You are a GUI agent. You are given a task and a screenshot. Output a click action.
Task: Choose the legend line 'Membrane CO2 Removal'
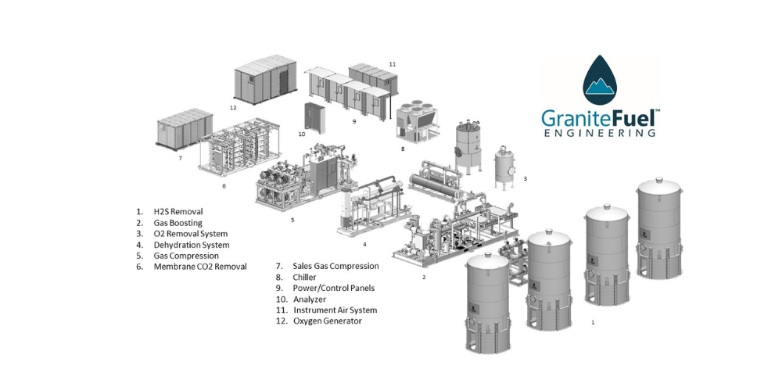point(200,267)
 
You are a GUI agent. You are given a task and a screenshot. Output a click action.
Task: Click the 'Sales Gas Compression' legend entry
point(335,267)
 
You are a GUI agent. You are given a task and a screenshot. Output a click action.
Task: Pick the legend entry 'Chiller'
point(304,278)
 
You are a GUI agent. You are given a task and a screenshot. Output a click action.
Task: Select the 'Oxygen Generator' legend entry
point(328,321)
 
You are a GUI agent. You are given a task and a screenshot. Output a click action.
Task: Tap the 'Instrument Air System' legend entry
point(335,310)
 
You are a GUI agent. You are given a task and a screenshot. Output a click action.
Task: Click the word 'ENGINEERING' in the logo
point(599,133)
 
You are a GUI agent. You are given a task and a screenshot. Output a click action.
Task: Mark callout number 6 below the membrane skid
point(224,186)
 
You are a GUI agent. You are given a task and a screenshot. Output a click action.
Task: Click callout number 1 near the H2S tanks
point(593,323)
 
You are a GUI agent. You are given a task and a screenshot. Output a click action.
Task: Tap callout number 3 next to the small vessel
point(525,178)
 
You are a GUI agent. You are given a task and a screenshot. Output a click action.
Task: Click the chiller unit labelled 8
point(418,122)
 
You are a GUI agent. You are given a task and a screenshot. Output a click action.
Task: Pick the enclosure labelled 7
point(185,128)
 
